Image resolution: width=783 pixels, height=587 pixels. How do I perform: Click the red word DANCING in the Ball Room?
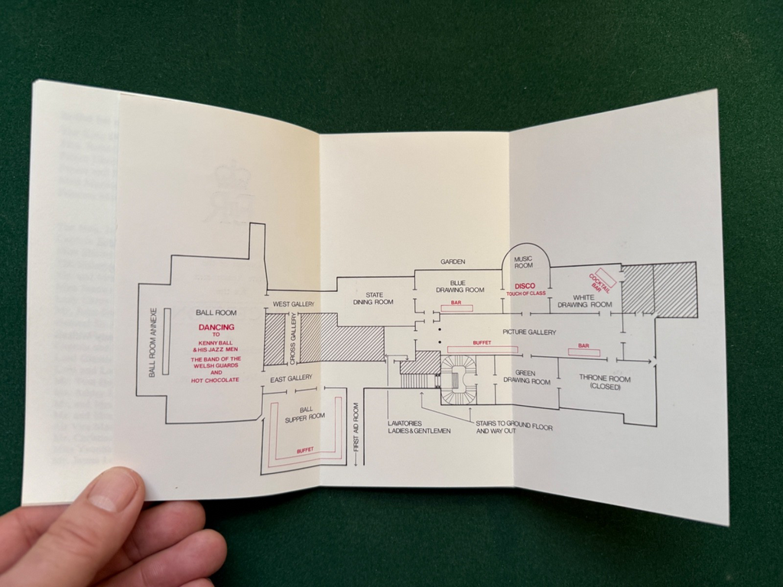pos(216,327)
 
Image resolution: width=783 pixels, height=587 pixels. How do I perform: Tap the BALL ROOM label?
pos(216,313)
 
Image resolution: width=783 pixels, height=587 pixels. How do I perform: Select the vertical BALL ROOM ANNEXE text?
pos(153,342)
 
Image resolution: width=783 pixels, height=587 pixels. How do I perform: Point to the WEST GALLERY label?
pos(294,304)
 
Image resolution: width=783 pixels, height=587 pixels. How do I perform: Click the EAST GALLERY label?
pos(291,378)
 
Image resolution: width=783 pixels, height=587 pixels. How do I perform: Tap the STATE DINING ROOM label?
pos(373,298)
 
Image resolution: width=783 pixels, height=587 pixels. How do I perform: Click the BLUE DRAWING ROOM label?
pos(460,286)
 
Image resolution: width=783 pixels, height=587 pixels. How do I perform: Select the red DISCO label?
pos(525,286)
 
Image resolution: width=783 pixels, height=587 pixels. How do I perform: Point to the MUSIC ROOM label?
pos(523,262)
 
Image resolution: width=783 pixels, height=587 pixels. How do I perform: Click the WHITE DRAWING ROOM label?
pos(585,300)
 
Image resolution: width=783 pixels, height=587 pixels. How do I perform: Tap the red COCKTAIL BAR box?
pos(603,279)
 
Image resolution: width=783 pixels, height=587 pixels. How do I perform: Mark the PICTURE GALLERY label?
pos(529,332)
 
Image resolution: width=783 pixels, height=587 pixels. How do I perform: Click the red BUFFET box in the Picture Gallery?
pos(482,349)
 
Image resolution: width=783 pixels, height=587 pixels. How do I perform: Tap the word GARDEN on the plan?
pos(453,261)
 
